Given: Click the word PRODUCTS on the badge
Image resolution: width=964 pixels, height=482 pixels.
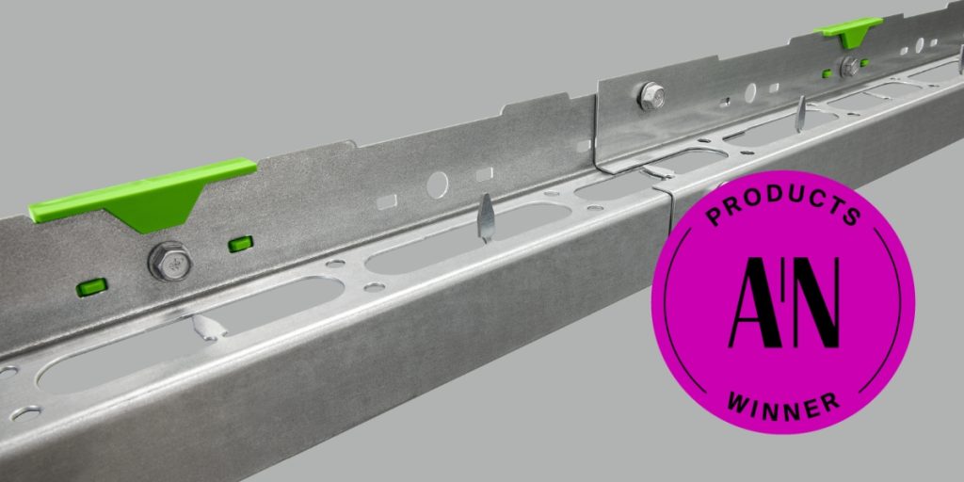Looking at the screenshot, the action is pos(783,204).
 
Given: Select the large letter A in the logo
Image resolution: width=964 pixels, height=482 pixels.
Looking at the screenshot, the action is pos(754,302).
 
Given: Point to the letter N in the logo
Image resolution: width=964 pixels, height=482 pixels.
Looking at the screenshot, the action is pos(816,302).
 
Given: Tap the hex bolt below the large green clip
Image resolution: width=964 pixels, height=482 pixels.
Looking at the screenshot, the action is pos(170,261).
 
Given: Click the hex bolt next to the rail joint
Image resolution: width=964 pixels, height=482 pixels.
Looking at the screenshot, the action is pos(651,96).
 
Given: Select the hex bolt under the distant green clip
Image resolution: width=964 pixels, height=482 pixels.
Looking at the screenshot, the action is pos(850,66).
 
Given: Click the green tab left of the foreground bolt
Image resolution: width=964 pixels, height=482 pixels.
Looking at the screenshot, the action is pos(91,286).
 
